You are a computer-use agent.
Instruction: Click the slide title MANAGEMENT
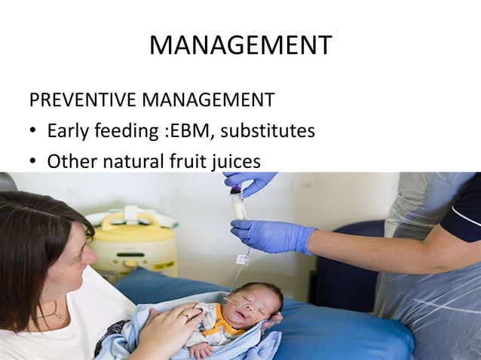(x=240, y=46)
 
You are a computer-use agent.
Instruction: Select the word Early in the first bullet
(x=68, y=131)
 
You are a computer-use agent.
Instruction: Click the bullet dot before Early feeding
(x=34, y=133)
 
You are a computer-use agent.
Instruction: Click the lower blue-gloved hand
(x=271, y=234)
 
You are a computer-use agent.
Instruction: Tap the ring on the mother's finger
(x=185, y=317)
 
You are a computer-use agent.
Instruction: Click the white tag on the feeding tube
(x=243, y=260)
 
